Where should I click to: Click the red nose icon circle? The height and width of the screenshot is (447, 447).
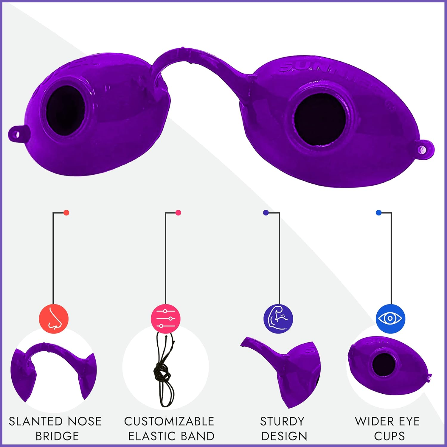click(54, 319)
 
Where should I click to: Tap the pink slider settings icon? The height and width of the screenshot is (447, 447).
click(165, 319)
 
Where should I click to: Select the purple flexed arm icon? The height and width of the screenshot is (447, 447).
click(278, 319)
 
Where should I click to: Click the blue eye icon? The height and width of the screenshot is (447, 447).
click(390, 319)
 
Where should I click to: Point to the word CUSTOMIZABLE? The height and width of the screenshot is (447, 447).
click(169, 421)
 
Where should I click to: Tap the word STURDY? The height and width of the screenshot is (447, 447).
click(282, 421)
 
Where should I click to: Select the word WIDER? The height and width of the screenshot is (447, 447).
click(374, 421)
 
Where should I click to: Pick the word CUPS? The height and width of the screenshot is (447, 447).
click(389, 436)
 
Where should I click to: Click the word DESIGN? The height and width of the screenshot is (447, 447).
click(284, 436)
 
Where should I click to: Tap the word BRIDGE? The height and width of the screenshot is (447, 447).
click(57, 436)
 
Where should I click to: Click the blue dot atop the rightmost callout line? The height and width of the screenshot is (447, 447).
click(379, 212)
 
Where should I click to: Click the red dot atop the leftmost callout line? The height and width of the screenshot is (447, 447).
click(66, 212)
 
